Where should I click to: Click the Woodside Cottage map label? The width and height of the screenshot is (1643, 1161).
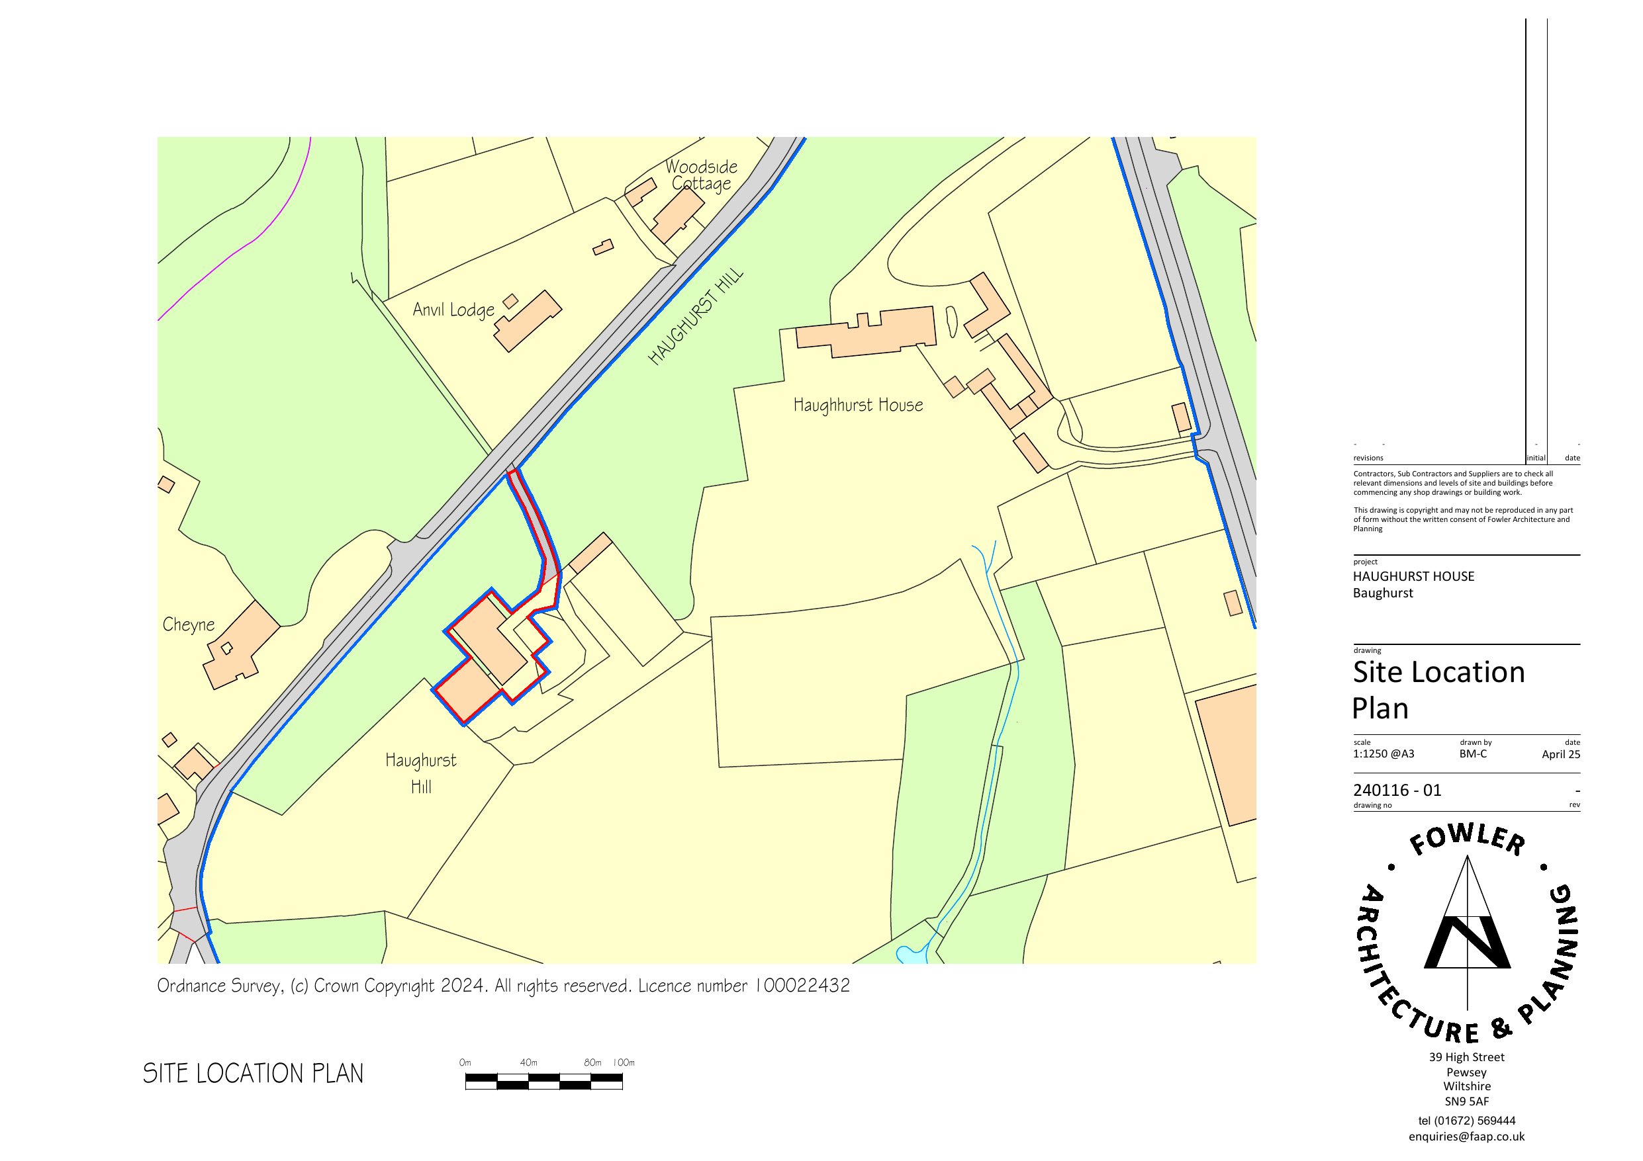[x=700, y=175]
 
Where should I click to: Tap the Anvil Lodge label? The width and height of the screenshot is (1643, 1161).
[x=453, y=310]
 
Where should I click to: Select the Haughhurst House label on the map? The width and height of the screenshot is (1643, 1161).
[x=858, y=406]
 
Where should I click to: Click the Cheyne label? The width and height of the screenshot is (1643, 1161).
[x=188, y=624]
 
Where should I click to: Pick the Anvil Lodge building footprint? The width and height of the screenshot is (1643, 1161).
[x=529, y=322]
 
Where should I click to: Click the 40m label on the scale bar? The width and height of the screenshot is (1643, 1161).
[x=528, y=1062]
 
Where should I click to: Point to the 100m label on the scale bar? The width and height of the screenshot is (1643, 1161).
[x=624, y=1062]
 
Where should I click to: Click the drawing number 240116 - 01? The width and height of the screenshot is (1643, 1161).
[x=1397, y=791]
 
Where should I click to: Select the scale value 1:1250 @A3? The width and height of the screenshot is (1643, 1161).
[x=1384, y=753]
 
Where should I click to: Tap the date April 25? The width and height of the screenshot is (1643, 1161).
[x=1561, y=754]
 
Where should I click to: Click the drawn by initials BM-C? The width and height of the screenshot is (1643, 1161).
[x=1473, y=753]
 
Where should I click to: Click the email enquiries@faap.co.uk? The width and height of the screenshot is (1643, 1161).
[x=1466, y=1137]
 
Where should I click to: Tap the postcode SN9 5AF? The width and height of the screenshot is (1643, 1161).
[x=1466, y=1101]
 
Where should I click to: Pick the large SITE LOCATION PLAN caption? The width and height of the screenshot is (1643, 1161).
[x=254, y=1074]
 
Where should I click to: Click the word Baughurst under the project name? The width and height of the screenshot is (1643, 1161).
[x=1383, y=593]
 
